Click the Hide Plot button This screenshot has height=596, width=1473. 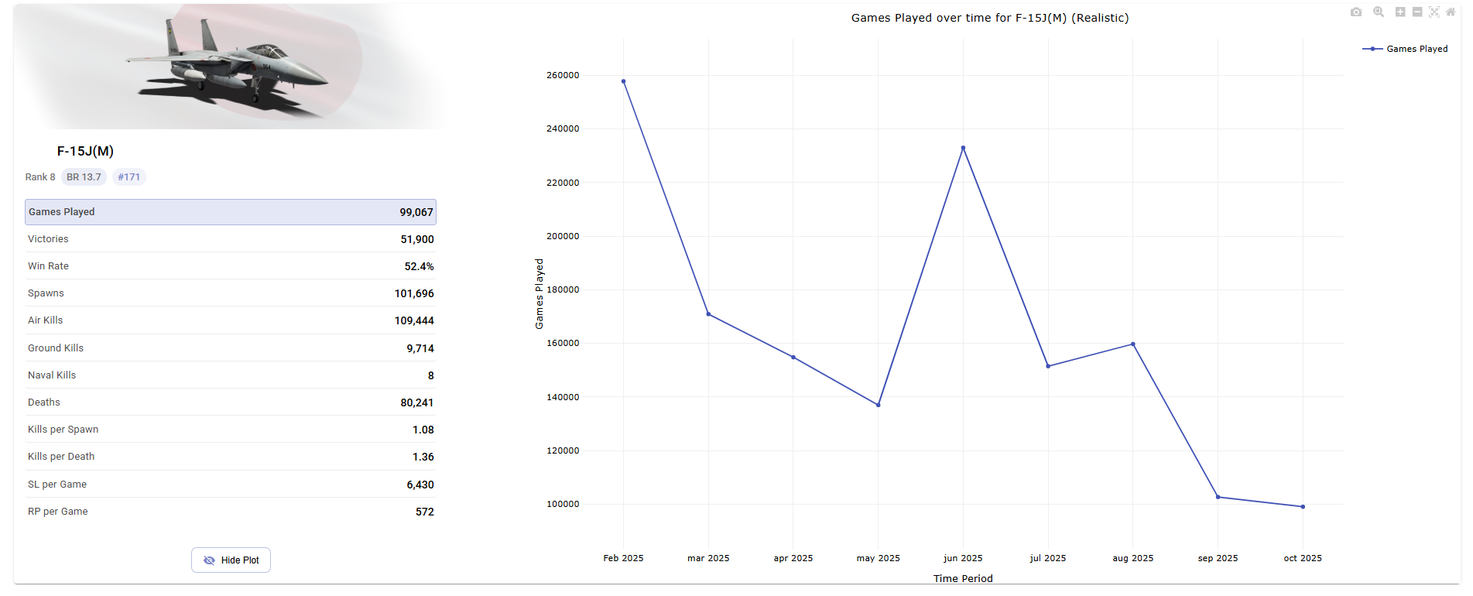coord(231,560)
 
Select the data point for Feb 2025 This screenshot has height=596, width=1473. coord(623,81)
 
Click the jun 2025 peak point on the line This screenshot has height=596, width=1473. coord(963,148)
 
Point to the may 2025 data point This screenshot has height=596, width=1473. coord(878,405)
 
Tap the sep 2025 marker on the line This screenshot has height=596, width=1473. coord(1218,497)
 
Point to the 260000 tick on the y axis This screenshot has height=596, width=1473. coord(563,76)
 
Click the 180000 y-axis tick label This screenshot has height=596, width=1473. coord(563,290)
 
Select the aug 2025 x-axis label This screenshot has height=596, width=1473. coord(1132,558)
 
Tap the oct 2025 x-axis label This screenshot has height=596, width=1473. coord(1303,558)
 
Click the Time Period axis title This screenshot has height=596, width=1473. coord(962,578)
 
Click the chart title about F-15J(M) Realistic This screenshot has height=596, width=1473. coord(989,18)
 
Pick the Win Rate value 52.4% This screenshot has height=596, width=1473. coord(419,266)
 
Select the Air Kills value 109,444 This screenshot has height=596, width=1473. coord(414,320)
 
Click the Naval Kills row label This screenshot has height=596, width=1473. coord(52,375)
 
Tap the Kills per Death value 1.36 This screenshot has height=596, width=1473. coord(423,457)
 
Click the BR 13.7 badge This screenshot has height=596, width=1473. coord(84,177)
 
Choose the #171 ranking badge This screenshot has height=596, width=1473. coord(128,177)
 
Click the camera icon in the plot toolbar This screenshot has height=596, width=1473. coord(1355,12)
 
